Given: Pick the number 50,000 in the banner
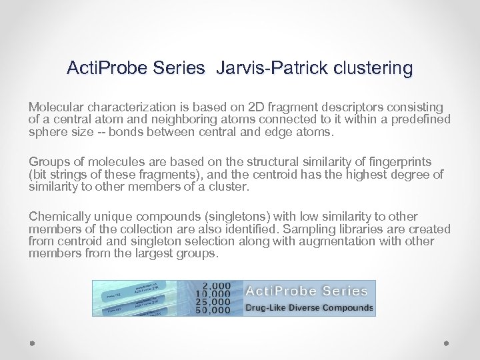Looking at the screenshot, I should pyautogui.click(x=213, y=310).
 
